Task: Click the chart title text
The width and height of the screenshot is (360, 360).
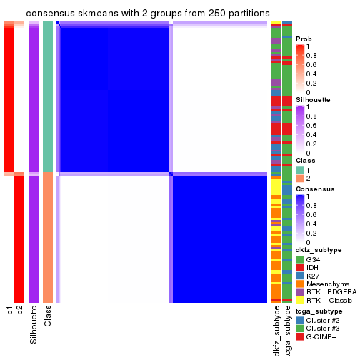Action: click(x=148, y=14)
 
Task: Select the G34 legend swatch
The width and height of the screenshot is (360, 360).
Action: click(x=300, y=259)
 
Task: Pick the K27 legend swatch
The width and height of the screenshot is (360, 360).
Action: click(x=300, y=276)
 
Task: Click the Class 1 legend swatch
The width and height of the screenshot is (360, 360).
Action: click(x=300, y=169)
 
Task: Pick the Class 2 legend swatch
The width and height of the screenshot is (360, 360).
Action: click(x=300, y=178)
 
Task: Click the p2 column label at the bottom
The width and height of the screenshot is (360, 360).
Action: click(x=20, y=311)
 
